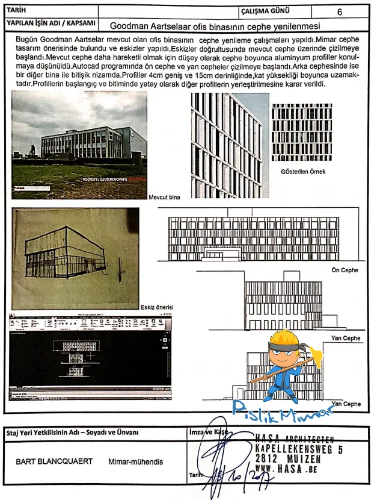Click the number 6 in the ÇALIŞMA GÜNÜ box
(340, 11)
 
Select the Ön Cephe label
(345, 270)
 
